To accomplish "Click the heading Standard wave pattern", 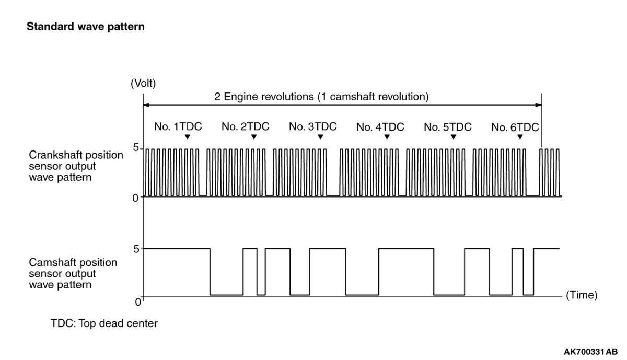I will (85, 26).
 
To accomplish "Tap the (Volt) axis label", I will (143, 83).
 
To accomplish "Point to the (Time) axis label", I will (582, 295).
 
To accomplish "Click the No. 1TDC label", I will (178, 126).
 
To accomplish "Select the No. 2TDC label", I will (245, 126).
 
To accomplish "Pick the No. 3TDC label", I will (312, 126).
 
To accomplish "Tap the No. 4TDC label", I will (380, 126).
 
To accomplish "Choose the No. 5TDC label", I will (447, 126).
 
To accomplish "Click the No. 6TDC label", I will (515, 126).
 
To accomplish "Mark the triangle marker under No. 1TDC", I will (187, 137).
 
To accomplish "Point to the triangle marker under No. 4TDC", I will (387, 137).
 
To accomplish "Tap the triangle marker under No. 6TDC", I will (520, 137).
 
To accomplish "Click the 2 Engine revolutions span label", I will (321, 97).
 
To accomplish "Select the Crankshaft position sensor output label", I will (76, 166).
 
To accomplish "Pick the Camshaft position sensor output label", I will (73, 274).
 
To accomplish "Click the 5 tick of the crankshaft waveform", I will (135, 148).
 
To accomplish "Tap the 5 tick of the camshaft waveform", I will (135, 249).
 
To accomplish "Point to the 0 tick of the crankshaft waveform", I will (135, 197).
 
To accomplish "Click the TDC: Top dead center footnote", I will (104, 323).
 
